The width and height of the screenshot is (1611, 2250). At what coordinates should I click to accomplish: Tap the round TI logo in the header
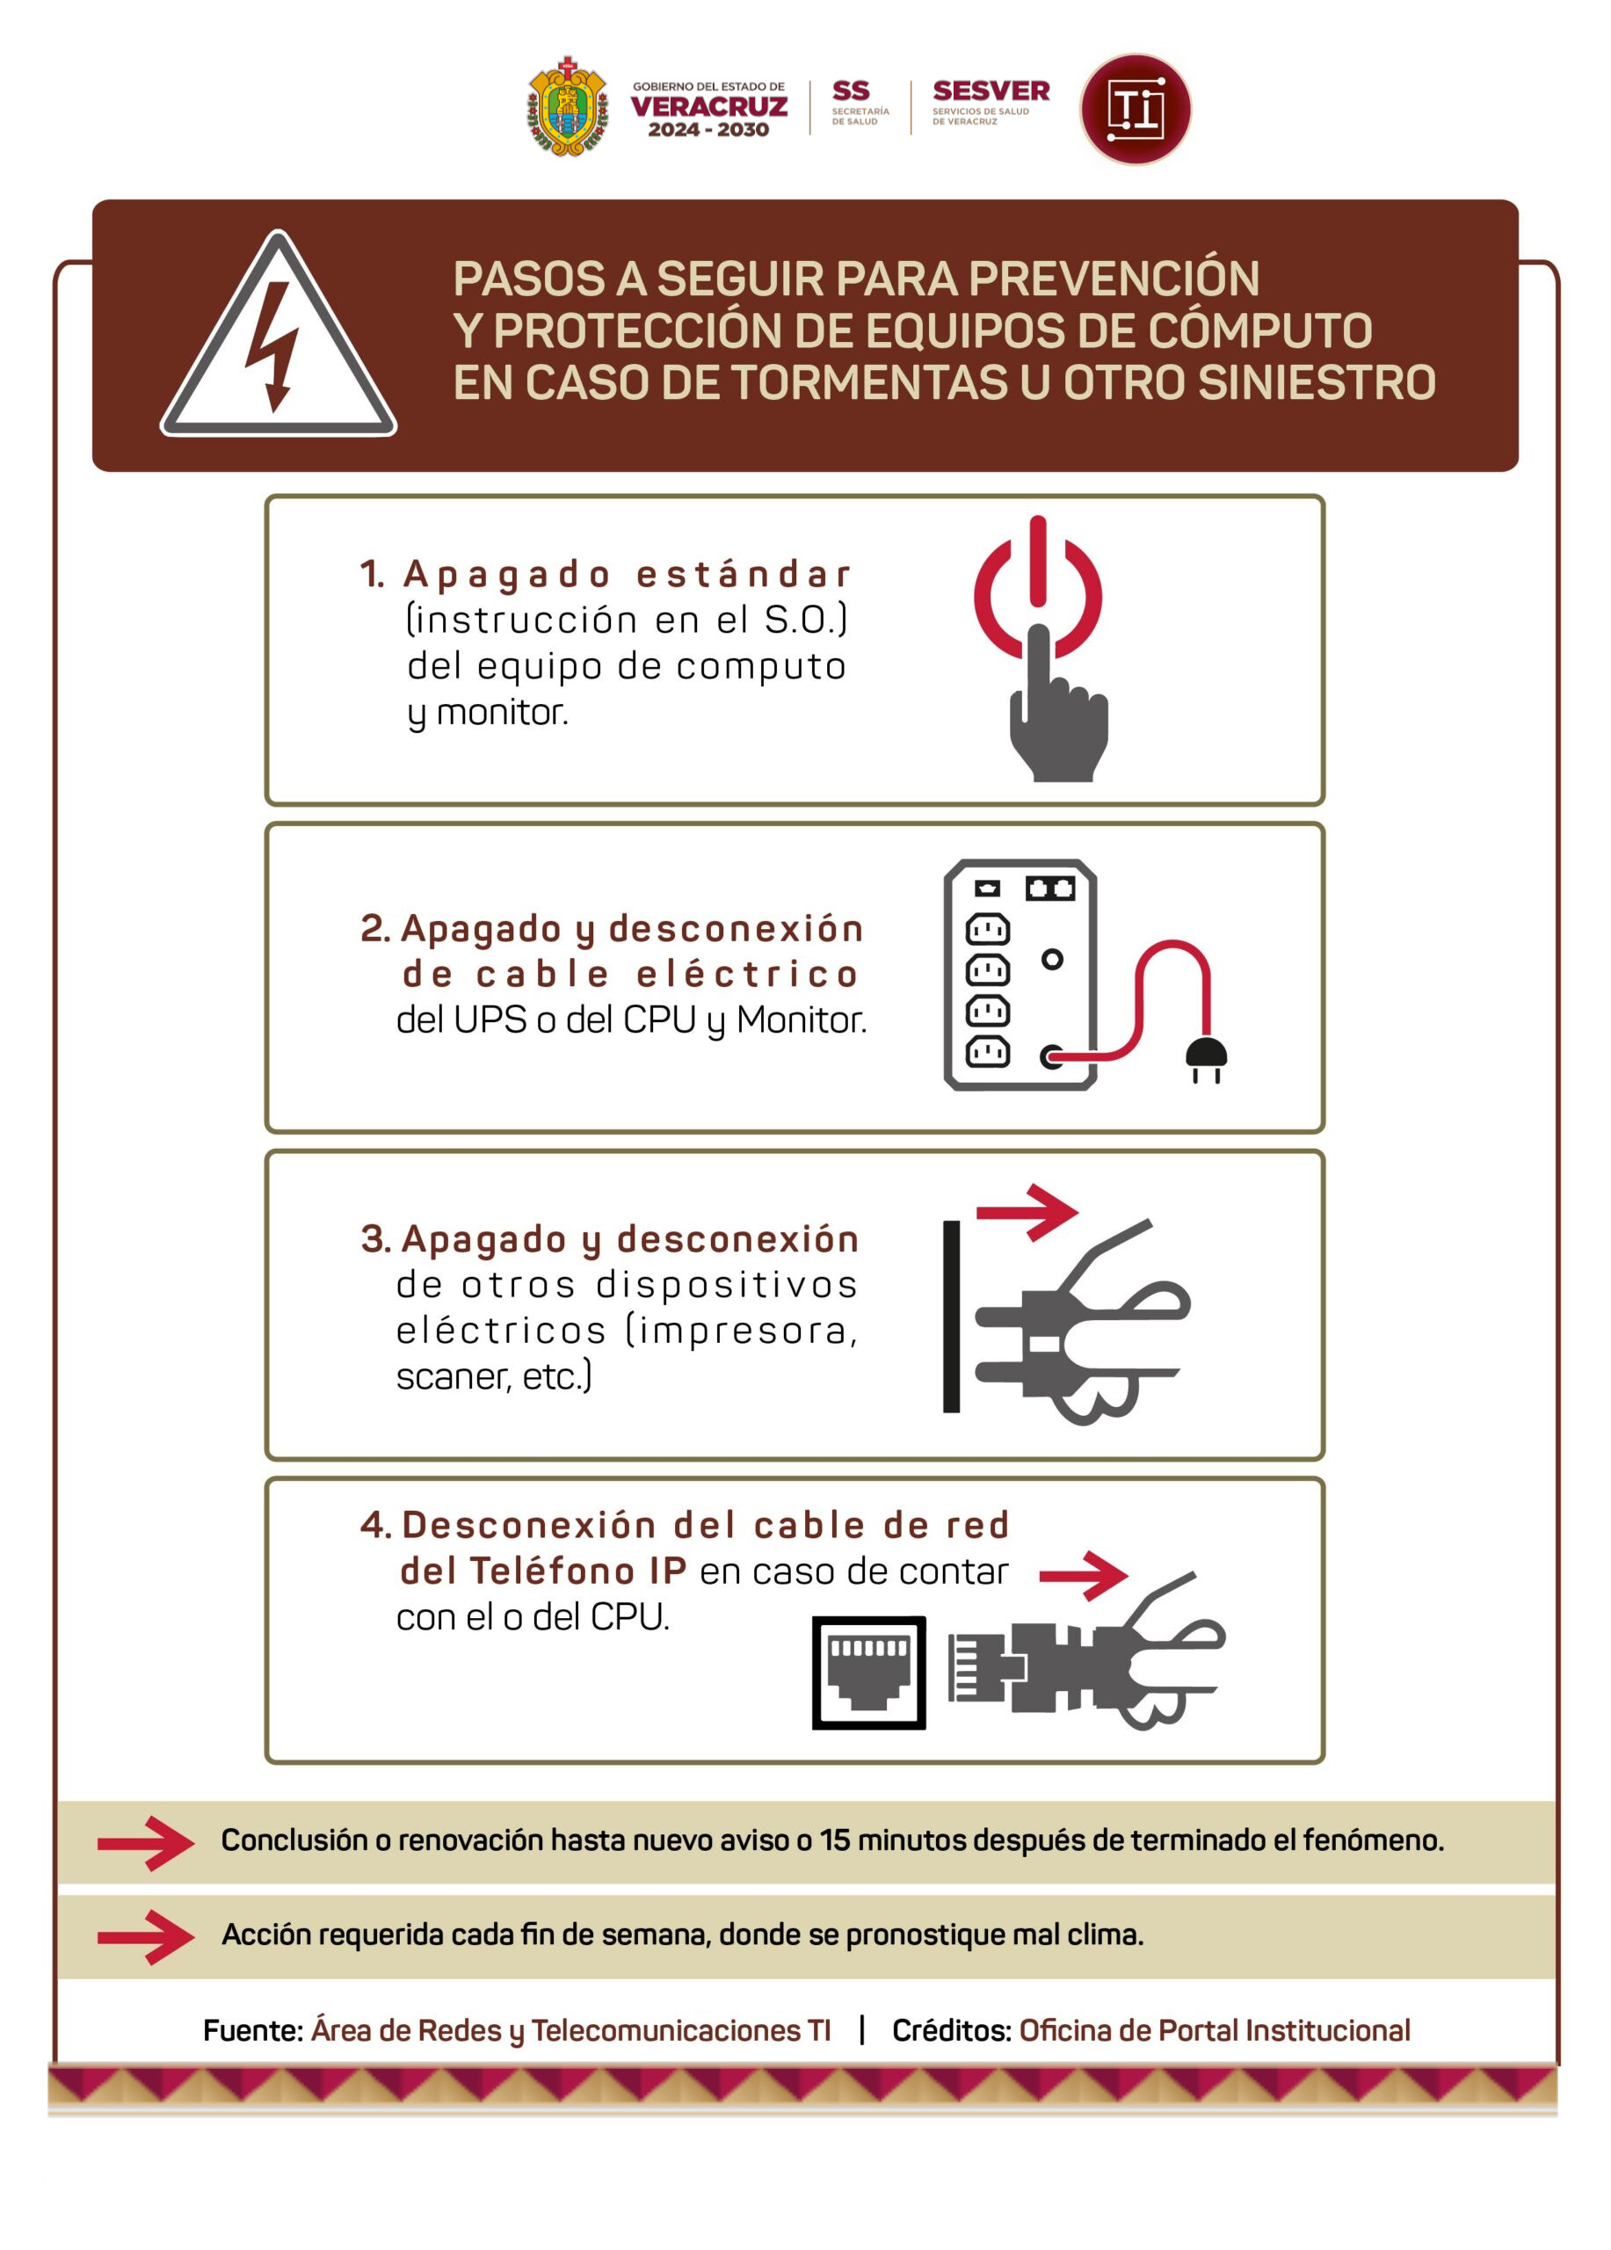[1135, 108]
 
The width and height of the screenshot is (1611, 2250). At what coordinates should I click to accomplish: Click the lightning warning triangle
[279, 333]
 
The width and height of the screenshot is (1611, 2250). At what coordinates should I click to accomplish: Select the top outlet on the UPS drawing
[987, 929]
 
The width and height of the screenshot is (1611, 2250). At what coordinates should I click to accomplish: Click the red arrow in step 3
[1027, 1211]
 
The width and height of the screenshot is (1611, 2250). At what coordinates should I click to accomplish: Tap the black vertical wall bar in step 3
[950, 1316]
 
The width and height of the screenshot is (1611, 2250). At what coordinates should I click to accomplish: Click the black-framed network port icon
[868, 1673]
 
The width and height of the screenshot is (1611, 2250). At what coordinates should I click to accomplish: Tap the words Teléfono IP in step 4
[577, 1571]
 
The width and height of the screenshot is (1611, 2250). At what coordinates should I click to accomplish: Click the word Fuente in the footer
[253, 2031]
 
